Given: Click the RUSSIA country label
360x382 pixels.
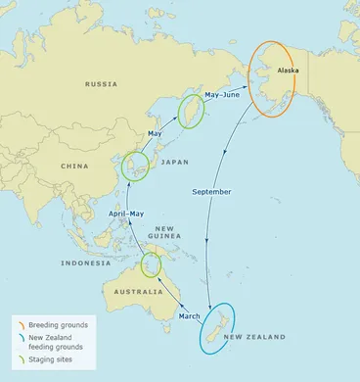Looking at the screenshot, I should pyautogui.click(x=102, y=84).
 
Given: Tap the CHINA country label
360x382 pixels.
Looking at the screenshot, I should pyautogui.click(x=75, y=167).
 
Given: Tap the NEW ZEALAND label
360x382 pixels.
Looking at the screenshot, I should pyautogui.click(x=254, y=338).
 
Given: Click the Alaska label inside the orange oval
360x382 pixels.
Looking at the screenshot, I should pyautogui.click(x=288, y=71).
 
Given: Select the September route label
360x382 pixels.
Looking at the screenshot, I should pyautogui.click(x=212, y=191).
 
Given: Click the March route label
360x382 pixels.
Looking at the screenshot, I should pyautogui.click(x=190, y=315).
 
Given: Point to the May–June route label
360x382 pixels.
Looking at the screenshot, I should pyautogui.click(x=222, y=95).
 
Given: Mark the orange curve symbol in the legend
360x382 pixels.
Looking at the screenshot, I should pyautogui.click(x=20, y=324).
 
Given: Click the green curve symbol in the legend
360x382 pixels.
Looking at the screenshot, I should pyautogui.click(x=20, y=359).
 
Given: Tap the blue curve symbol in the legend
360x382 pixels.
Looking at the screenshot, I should pyautogui.click(x=20, y=337).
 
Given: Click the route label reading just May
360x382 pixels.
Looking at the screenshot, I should pyautogui.click(x=155, y=132).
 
